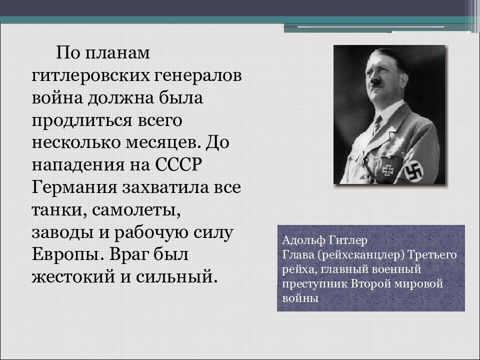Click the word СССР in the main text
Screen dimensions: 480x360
pos(178,164)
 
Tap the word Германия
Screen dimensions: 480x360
pos(74,187)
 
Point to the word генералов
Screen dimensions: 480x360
pos(198,75)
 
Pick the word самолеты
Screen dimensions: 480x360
pos(136,210)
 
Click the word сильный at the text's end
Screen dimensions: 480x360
pos(176,276)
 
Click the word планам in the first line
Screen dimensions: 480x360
pos(117,53)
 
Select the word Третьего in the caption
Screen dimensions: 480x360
pos(432,255)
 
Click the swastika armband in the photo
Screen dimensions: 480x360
pos(413,170)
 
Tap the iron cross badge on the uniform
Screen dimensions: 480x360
pos(387,170)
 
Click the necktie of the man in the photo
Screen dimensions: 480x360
pos(377,124)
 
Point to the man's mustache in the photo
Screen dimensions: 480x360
pos(375,81)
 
